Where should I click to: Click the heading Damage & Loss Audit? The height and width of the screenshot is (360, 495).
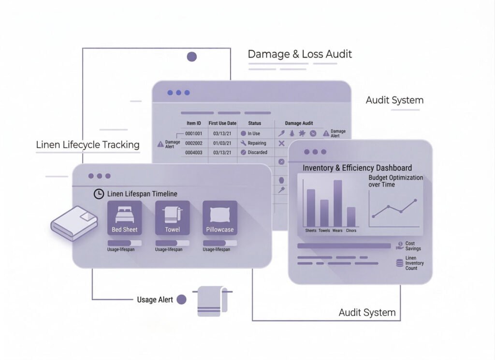click(300, 54)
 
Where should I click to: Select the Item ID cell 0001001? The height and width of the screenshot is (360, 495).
click(194, 133)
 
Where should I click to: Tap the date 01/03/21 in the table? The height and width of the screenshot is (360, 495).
click(222, 143)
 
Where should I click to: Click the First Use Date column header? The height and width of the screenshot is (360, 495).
click(222, 123)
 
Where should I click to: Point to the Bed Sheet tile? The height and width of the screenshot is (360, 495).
click(124, 217)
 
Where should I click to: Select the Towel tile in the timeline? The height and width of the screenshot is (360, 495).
click(172, 217)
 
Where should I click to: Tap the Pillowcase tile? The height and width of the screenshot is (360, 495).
click(220, 217)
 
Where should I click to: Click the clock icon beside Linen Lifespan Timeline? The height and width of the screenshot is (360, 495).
click(99, 194)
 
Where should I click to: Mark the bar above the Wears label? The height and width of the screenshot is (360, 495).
click(337, 203)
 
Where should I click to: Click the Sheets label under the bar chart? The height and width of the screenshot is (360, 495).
click(311, 230)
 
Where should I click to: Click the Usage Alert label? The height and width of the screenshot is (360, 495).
click(155, 300)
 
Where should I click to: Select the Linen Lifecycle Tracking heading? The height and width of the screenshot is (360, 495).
click(87, 144)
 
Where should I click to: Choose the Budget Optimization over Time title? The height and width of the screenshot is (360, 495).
click(395, 181)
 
